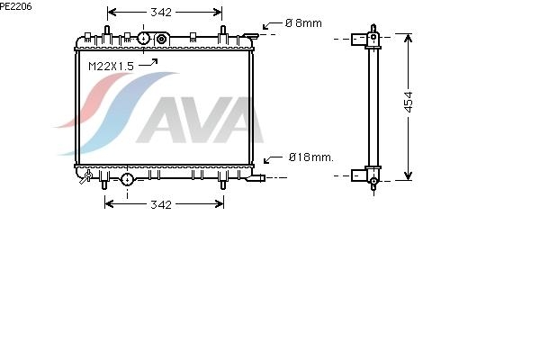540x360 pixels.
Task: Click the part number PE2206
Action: pyautogui.click(x=15, y=6)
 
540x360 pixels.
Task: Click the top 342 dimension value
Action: pyautogui.click(x=161, y=13)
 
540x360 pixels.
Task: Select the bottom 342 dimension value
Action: pyautogui.click(x=161, y=204)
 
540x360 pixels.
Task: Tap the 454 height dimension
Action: pyautogui.click(x=408, y=102)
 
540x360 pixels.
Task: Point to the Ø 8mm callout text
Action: pyautogui.click(x=303, y=23)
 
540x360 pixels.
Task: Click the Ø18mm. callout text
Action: pyautogui.click(x=311, y=157)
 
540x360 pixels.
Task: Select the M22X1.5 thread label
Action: pyautogui.click(x=111, y=66)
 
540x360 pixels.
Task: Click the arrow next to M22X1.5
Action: pyautogui.click(x=148, y=63)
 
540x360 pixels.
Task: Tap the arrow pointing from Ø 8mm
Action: pyautogui.click(x=272, y=25)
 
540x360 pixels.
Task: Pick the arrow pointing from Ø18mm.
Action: pyautogui.click(x=273, y=159)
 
